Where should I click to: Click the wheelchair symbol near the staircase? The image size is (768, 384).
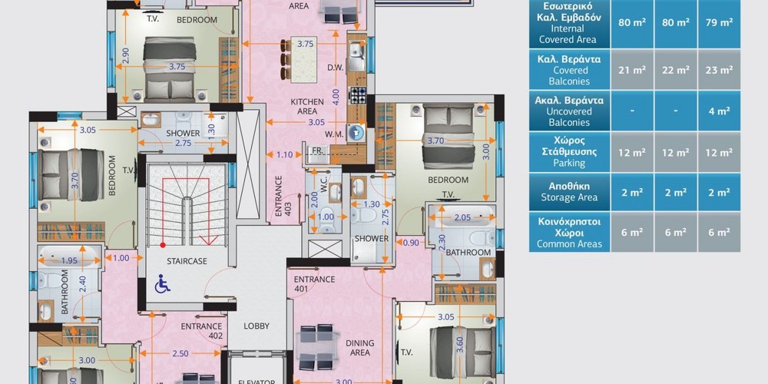(163, 284)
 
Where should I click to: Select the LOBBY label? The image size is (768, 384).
(257, 326)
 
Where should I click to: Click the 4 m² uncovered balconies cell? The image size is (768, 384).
(720, 111)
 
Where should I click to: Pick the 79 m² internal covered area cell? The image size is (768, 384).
(720, 22)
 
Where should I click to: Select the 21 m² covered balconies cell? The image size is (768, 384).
(632, 70)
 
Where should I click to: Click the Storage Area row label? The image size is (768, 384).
(569, 192)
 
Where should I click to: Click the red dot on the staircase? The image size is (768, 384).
(163, 244)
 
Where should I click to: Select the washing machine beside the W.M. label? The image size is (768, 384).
(356, 131)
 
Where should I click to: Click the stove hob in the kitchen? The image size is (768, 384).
(357, 95)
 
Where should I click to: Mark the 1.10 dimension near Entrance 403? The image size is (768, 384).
(285, 155)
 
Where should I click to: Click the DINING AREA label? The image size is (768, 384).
(360, 348)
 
